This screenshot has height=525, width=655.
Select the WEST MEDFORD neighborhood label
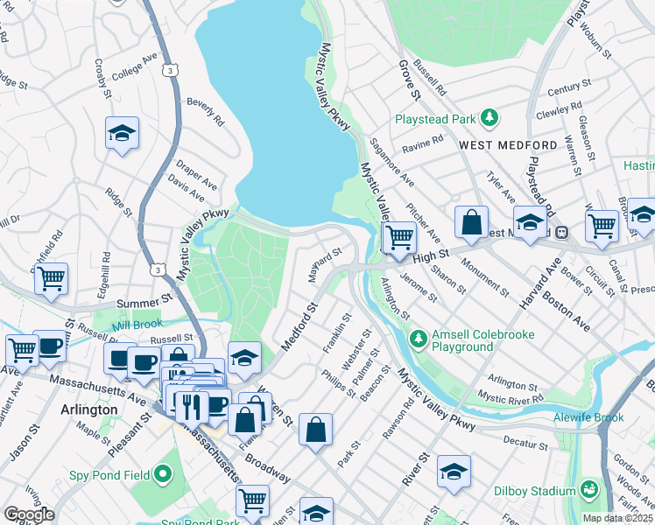(x=508, y=144)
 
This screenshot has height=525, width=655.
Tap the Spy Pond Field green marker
(x=162, y=476)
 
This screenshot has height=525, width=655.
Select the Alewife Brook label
(x=586, y=418)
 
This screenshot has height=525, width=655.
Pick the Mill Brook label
(x=131, y=325)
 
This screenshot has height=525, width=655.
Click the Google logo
(x=29, y=514)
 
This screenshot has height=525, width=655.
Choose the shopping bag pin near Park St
(x=315, y=429)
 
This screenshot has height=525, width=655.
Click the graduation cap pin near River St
(x=453, y=471)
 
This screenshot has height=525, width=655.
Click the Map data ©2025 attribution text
(x=617, y=518)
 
